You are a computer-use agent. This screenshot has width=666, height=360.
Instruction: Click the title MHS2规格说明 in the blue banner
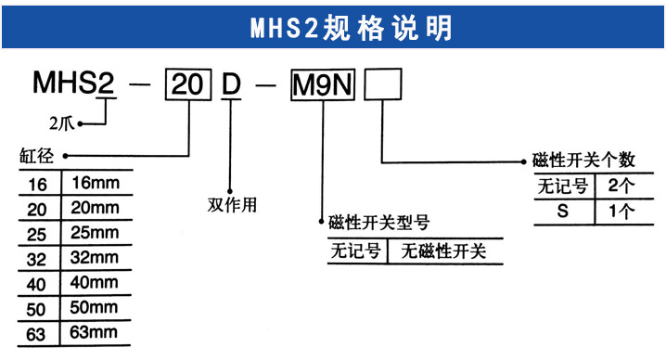[351, 27]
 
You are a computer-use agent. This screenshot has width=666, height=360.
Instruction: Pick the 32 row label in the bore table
[37, 255]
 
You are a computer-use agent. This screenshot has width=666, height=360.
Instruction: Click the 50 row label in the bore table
[37, 305]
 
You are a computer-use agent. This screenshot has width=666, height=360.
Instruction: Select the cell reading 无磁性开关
[442, 251]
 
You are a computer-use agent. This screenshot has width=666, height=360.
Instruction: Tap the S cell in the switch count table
[561, 211]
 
